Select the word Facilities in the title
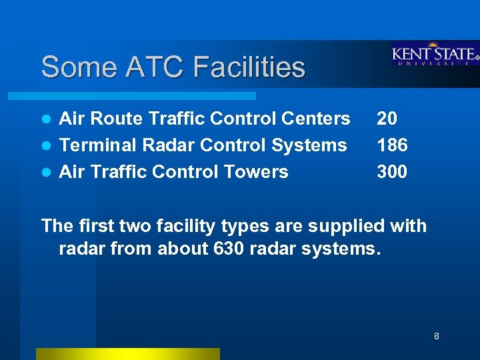[x=249, y=67]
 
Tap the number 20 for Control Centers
[x=387, y=119]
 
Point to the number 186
[x=392, y=145]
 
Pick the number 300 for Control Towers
[x=392, y=172]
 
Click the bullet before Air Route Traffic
[x=47, y=119]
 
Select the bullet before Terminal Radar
[x=47, y=146]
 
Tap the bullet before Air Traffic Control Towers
[x=47, y=173]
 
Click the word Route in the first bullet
[x=113, y=119]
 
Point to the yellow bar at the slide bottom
[x=127, y=353]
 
